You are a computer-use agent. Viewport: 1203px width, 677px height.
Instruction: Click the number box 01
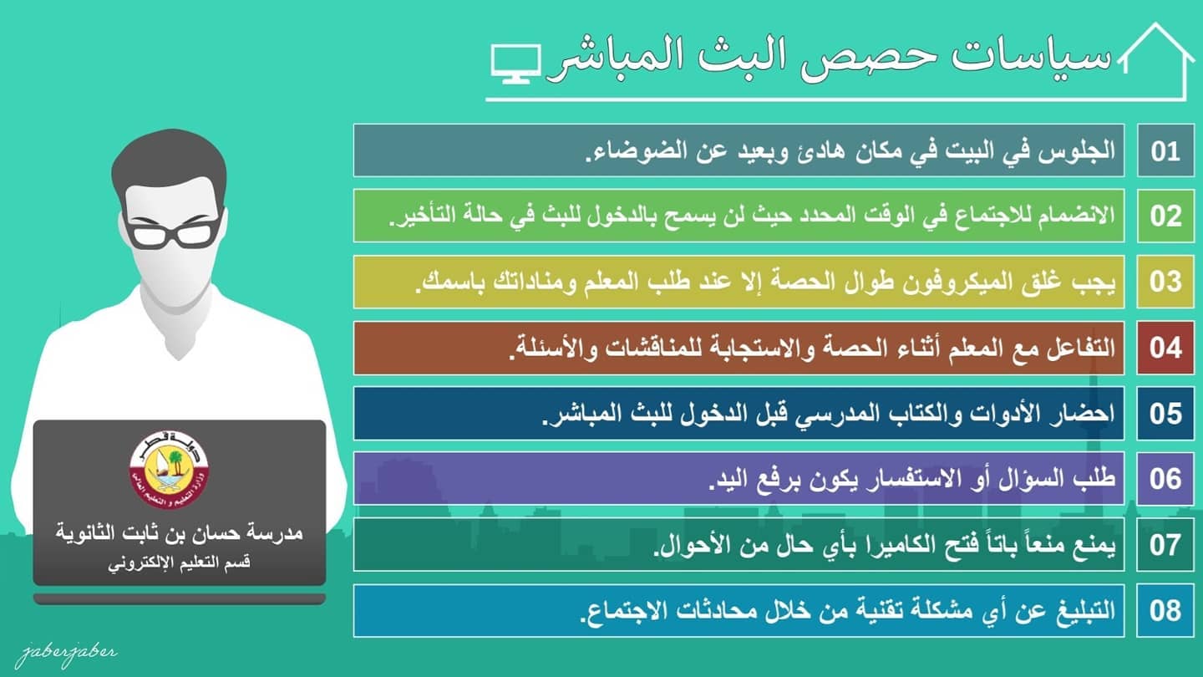(x=1165, y=150)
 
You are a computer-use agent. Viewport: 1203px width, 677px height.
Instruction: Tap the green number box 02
(x=1165, y=216)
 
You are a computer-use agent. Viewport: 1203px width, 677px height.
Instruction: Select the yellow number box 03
(x=1165, y=282)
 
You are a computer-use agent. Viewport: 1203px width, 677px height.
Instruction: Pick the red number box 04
(x=1165, y=348)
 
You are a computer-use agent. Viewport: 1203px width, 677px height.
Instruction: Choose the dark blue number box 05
(x=1165, y=413)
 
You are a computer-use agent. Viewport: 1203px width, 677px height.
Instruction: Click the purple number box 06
(x=1165, y=479)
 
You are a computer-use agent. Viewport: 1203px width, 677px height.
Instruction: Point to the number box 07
(x=1165, y=544)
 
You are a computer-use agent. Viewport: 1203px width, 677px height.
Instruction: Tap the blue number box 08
(x=1165, y=611)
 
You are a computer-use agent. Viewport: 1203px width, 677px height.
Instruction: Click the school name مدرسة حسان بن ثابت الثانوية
(x=180, y=532)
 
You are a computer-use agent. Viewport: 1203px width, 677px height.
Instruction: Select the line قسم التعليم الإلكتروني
(x=180, y=563)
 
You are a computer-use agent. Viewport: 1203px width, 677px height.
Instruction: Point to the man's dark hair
(x=169, y=161)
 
